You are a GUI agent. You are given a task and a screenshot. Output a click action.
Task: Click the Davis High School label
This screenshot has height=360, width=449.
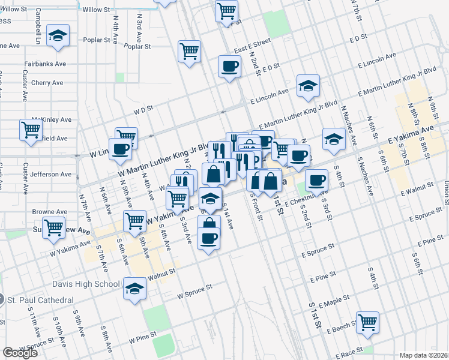click(86, 284)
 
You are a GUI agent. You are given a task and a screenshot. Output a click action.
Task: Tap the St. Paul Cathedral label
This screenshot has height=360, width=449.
click(40, 300)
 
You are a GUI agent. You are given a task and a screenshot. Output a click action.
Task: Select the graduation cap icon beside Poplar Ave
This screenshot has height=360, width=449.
click(58, 35)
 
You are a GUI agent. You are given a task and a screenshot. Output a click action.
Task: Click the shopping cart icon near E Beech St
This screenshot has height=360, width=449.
click(367, 322)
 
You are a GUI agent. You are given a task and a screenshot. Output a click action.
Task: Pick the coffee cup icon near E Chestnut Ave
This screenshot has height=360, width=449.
click(316, 179)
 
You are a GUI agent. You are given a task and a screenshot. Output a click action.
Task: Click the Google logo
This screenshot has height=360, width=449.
click(20, 353)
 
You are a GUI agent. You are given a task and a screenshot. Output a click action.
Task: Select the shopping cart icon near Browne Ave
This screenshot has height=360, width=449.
click(135, 221)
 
